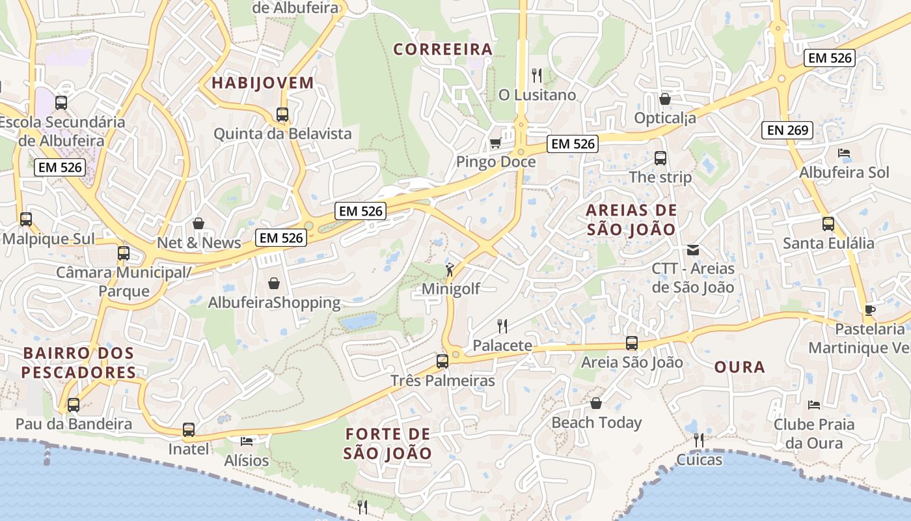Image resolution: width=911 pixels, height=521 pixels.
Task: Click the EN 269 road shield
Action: click(787, 130)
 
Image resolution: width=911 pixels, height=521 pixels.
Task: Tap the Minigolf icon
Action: click(450, 269)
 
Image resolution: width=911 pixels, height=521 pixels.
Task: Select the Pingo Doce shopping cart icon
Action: click(495, 143)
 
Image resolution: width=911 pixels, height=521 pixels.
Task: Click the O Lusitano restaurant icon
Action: click(537, 76)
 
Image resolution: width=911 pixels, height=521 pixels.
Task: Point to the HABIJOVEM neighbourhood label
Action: click(263, 83)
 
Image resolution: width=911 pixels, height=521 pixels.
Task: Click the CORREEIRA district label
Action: click(442, 49)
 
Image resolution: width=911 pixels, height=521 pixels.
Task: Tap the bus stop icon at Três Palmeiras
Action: click(442, 361)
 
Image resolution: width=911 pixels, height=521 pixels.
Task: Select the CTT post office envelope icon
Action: click(692, 249)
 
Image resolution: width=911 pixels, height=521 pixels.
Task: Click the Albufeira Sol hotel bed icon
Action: click(844, 153)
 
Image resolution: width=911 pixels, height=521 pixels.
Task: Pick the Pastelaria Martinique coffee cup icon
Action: click(870, 309)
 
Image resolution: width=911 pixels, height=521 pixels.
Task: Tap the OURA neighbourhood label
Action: click(739, 367)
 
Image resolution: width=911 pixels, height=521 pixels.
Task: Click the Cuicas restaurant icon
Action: click(699, 440)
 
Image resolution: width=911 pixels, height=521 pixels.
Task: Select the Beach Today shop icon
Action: click(595, 403)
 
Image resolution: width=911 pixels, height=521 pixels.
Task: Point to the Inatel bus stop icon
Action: click(189, 430)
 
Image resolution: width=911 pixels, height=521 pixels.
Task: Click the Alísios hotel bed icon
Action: click(247, 441)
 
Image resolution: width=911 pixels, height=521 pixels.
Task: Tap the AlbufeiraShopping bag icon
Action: click(274, 283)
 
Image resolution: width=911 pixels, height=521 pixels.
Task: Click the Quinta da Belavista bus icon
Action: click(282, 115)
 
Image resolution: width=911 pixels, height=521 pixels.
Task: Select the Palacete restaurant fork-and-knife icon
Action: click(502, 326)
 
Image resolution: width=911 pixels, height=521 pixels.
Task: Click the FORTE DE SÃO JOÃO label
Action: click(388, 444)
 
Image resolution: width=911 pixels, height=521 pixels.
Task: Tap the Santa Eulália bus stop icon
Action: click(828, 224)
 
